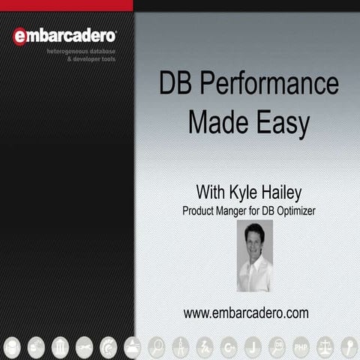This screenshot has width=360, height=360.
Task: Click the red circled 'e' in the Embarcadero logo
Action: [x=20, y=36]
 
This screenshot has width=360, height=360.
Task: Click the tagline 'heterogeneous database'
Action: [x=81, y=49]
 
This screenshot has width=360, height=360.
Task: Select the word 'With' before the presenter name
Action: [x=211, y=189]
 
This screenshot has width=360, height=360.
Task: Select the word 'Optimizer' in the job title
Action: [x=294, y=211]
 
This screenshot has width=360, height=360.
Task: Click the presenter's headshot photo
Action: [x=254, y=255]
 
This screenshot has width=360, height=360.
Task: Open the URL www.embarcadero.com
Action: [x=245, y=313]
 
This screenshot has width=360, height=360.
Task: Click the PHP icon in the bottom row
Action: [x=301, y=346]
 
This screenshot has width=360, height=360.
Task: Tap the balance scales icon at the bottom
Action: [x=325, y=346]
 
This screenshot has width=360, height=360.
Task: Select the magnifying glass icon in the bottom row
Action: [x=157, y=346]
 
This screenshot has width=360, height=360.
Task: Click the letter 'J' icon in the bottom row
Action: [x=253, y=346]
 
